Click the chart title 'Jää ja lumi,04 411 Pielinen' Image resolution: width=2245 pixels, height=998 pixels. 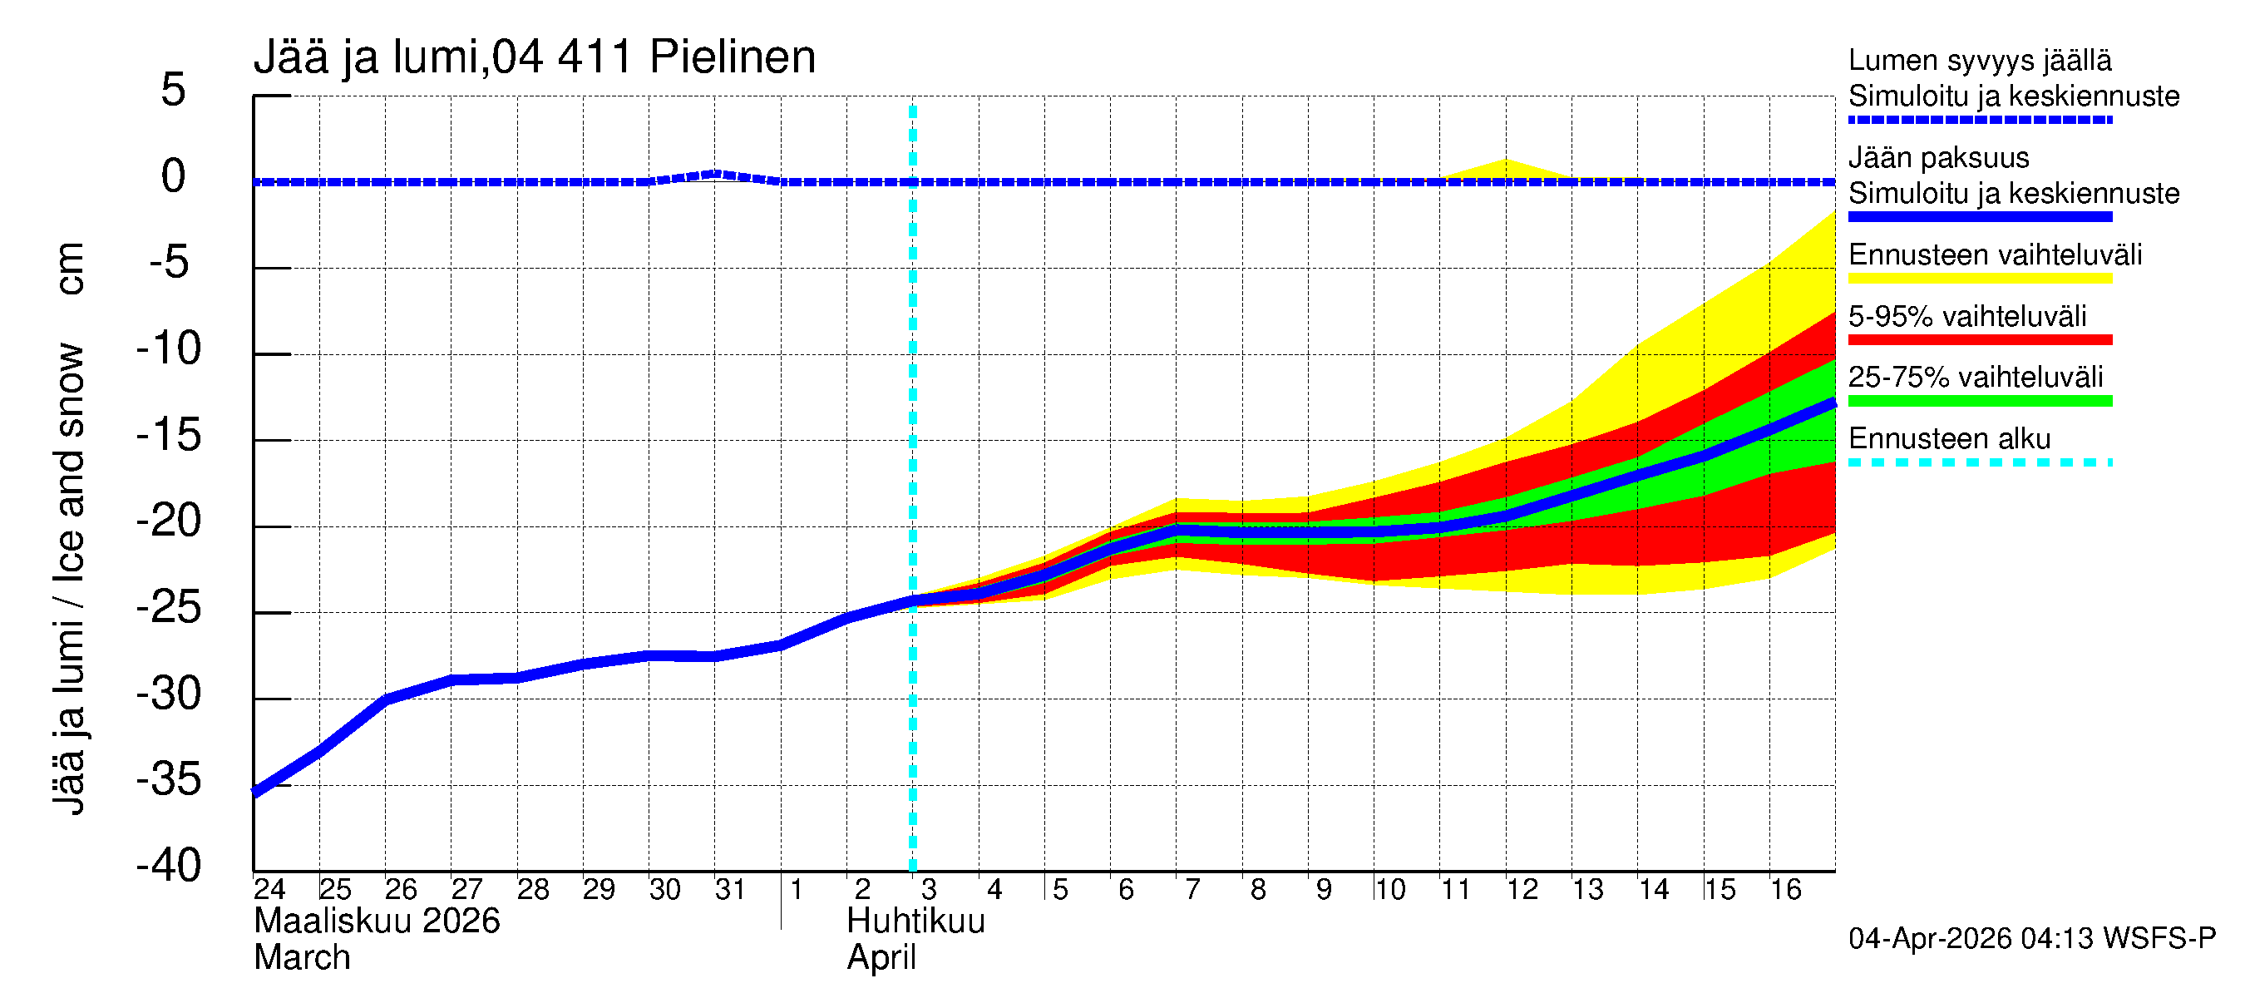click(x=535, y=57)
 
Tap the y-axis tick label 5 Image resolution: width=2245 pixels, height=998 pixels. click(x=174, y=90)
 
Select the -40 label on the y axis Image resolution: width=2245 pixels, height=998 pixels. click(x=169, y=866)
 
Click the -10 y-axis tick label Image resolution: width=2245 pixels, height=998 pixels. click(x=169, y=348)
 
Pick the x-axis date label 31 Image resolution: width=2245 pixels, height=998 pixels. click(x=729, y=889)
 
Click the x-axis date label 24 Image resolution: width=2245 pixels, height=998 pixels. click(x=269, y=889)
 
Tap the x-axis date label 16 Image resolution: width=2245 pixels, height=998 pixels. click(x=1785, y=889)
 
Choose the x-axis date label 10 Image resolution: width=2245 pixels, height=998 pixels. click(x=1389, y=889)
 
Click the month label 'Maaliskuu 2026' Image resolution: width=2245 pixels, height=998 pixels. click(x=377, y=921)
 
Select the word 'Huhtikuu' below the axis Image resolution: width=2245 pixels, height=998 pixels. click(x=915, y=921)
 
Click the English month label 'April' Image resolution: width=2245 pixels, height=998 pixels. click(x=881, y=958)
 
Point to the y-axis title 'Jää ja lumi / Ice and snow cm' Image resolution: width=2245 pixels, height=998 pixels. click(x=69, y=528)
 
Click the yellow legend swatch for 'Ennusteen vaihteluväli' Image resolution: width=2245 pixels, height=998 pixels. click(x=1979, y=279)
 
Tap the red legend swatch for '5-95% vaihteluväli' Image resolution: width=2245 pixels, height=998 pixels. click(x=1979, y=340)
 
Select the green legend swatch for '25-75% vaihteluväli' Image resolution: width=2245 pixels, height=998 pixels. click(x=1979, y=401)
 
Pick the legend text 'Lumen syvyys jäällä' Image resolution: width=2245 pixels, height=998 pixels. click(x=1979, y=61)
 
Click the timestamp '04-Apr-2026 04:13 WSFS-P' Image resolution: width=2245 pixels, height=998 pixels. click(x=2031, y=939)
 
